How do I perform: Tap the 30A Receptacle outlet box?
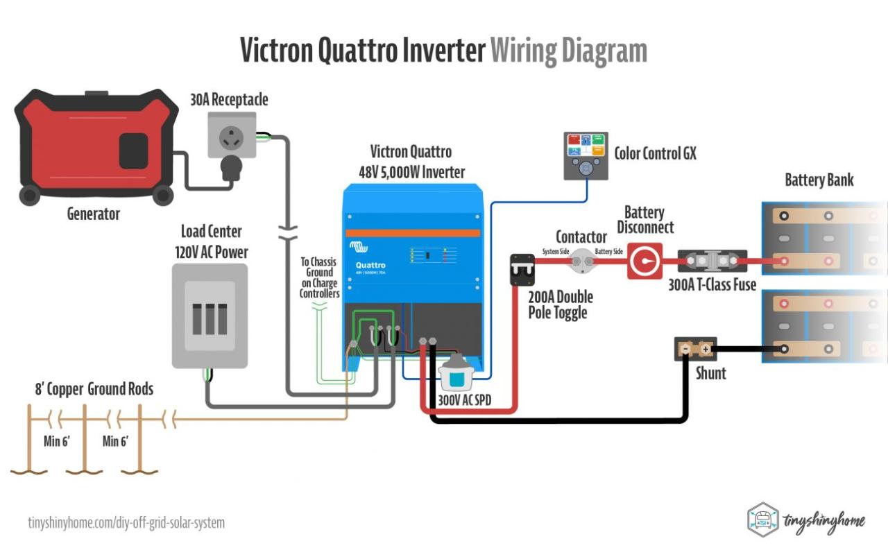click(x=232, y=135)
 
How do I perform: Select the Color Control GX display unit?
click(x=586, y=156)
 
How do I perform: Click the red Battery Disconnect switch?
click(x=644, y=262)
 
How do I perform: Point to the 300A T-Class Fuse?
click(x=712, y=261)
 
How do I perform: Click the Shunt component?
click(x=695, y=349)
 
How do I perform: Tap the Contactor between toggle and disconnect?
click(x=581, y=261)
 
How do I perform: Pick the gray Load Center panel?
click(x=210, y=316)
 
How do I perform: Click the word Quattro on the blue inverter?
click(x=370, y=265)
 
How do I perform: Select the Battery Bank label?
click(x=819, y=180)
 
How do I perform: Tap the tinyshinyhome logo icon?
click(x=763, y=519)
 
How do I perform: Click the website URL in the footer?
click(x=126, y=522)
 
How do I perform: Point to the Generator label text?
click(x=93, y=214)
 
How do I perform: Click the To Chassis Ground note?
click(x=319, y=277)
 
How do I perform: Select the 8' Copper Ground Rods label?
click(x=94, y=389)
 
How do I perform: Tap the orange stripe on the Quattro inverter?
click(x=413, y=233)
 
